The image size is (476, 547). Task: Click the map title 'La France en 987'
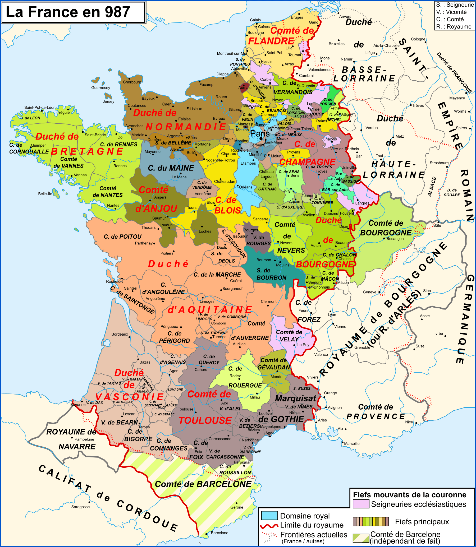pyautogui.click(x=68, y=12)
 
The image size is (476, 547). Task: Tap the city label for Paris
pyautogui.click(x=260, y=133)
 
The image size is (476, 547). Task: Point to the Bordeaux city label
pyautogui.click(x=120, y=334)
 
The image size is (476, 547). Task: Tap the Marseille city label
pyautogui.click(x=352, y=443)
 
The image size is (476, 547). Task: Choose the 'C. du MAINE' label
pyautogui.click(x=171, y=168)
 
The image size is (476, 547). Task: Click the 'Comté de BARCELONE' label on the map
pyautogui.click(x=203, y=484)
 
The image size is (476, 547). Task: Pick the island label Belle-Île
pyautogui.click(x=45, y=194)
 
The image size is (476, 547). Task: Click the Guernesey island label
pyautogui.click(x=100, y=87)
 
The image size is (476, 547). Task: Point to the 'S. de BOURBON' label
pyautogui.click(x=271, y=274)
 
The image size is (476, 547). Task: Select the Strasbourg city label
pyautogui.click(x=439, y=163)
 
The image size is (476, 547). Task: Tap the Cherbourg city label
pyautogui.click(x=132, y=82)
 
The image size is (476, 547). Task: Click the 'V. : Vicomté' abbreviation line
pyautogui.click(x=451, y=12)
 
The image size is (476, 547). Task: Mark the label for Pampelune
pyautogui.click(x=84, y=439)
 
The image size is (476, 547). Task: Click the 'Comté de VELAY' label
pyautogui.click(x=289, y=336)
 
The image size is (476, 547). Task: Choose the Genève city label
pyautogui.click(x=369, y=292)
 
